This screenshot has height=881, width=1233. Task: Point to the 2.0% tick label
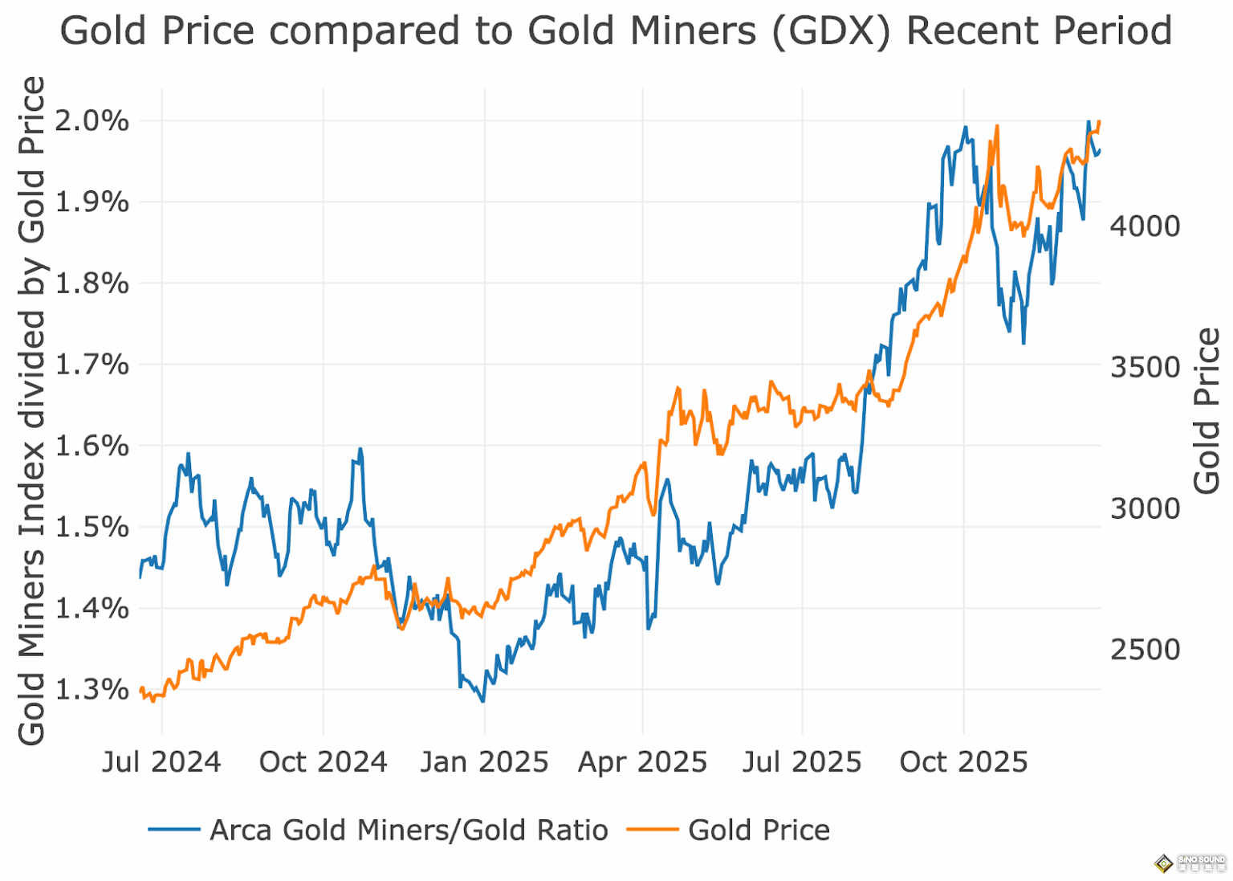click(x=92, y=121)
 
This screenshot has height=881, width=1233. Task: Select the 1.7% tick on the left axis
click(x=92, y=365)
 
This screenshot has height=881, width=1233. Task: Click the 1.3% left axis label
click(x=92, y=689)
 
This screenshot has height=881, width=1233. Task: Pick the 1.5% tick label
click(x=92, y=527)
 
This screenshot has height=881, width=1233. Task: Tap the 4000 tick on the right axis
click(x=1145, y=226)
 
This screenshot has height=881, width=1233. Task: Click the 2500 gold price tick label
click(x=1145, y=650)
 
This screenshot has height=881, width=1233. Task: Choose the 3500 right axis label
click(x=1145, y=367)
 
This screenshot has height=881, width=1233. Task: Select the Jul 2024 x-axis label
click(x=161, y=761)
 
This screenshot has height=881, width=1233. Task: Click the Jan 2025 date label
click(x=484, y=761)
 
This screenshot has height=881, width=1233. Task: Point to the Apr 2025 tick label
click(x=642, y=761)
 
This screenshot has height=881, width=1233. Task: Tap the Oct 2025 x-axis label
click(x=963, y=761)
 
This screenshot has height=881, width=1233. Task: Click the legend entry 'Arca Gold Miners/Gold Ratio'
click(x=409, y=830)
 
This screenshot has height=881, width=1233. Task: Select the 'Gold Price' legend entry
click(x=759, y=830)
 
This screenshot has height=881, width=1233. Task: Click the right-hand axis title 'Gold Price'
click(x=1207, y=410)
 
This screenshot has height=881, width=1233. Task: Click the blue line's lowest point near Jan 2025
click(x=482, y=701)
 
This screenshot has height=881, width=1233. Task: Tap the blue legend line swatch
click(x=174, y=830)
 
